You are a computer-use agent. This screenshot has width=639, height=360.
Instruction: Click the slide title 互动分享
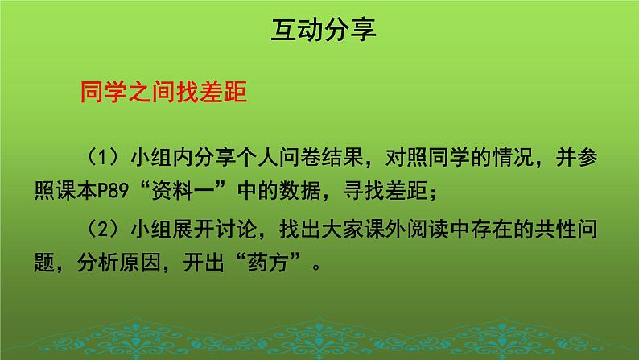319,31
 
